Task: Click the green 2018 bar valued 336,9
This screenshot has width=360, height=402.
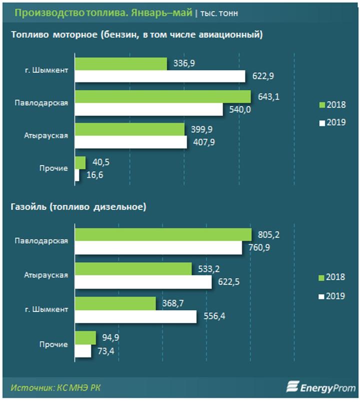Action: (x=120, y=64)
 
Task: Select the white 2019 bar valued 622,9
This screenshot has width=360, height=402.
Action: (x=160, y=76)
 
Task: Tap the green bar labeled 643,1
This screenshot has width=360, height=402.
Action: (x=162, y=96)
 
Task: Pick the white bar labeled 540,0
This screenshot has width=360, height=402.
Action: (x=148, y=108)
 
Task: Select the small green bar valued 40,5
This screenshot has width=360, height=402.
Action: (x=80, y=162)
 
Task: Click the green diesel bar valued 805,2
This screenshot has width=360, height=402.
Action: (x=163, y=234)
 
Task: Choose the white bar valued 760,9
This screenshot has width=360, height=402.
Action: (x=157, y=247)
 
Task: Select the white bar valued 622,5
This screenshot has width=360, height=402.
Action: (x=143, y=282)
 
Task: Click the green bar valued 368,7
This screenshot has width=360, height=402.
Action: (x=115, y=303)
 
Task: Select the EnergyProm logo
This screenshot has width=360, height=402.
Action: (x=320, y=387)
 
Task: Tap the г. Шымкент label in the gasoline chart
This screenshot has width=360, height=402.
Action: (x=46, y=69)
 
